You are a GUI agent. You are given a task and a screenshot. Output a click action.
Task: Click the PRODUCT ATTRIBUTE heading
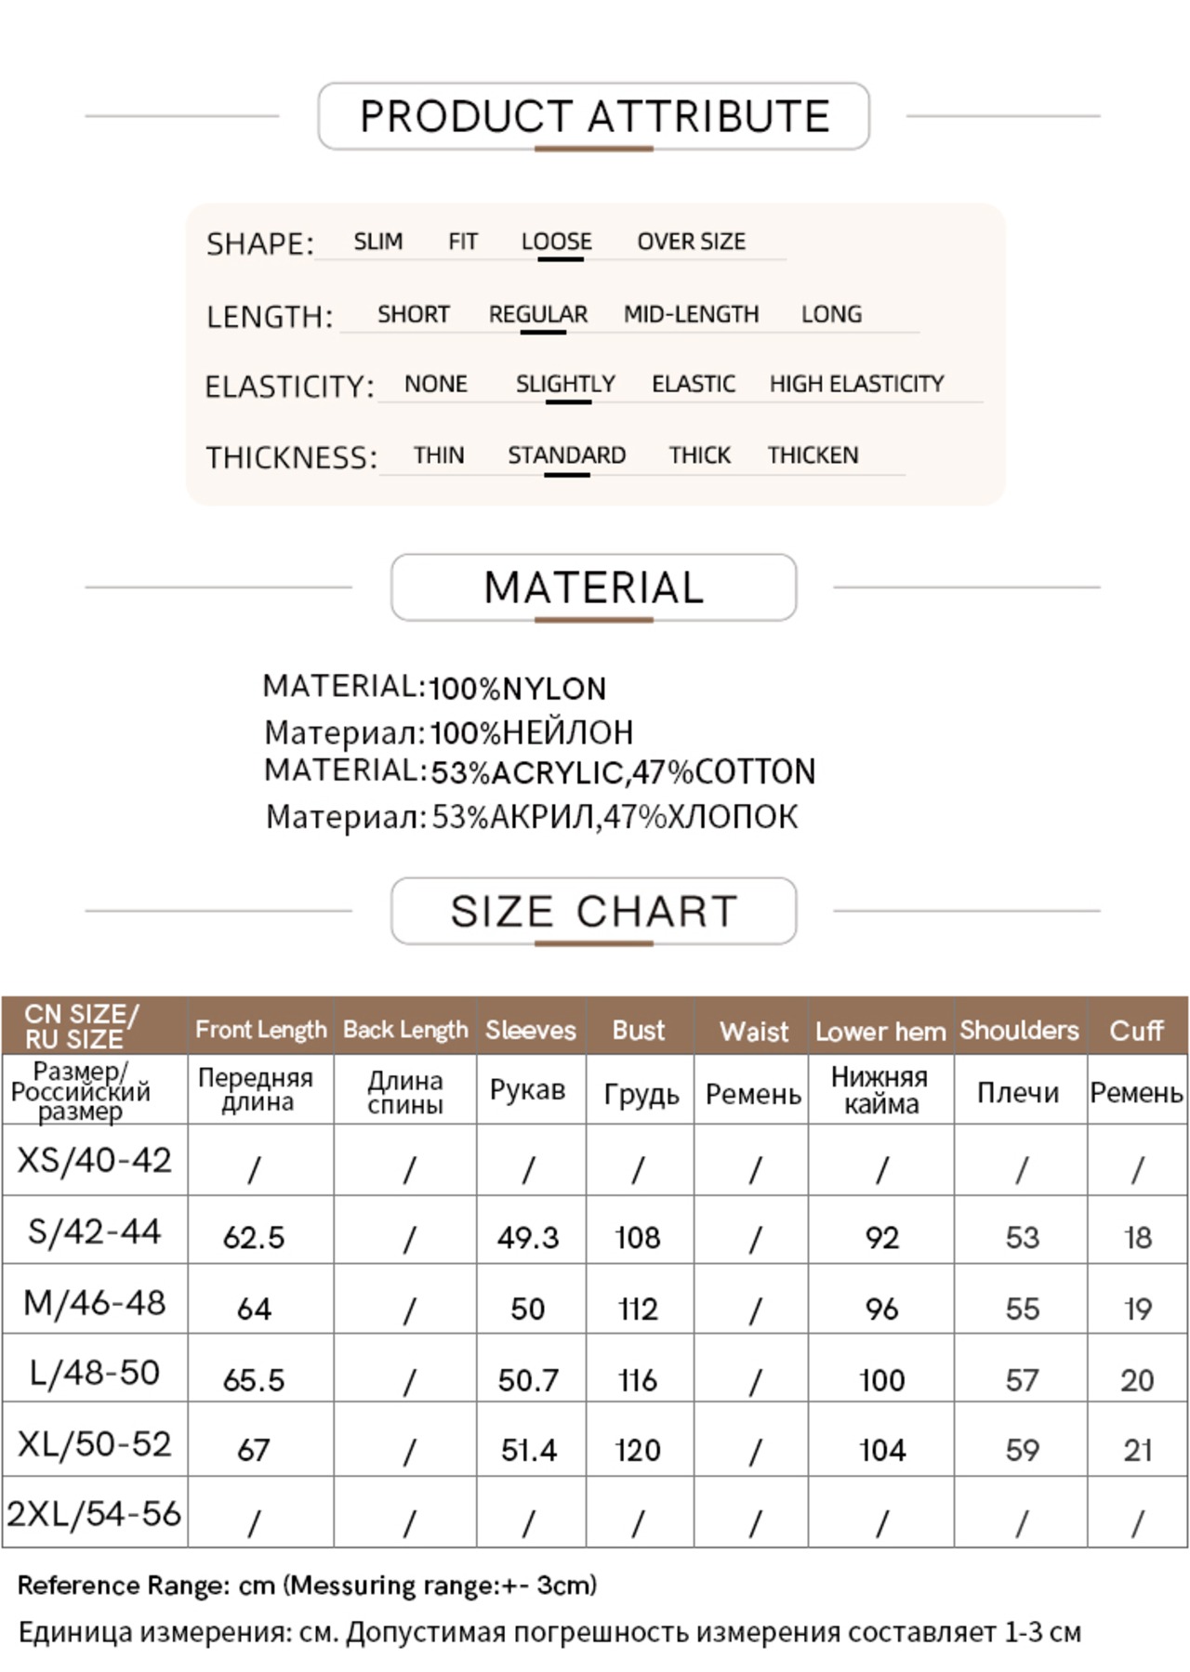tap(594, 116)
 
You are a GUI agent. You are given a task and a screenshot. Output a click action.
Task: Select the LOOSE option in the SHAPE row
tap(556, 242)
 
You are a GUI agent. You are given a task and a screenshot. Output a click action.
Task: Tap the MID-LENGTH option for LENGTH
tap(691, 314)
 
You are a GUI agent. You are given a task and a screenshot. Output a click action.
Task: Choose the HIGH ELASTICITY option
tap(856, 384)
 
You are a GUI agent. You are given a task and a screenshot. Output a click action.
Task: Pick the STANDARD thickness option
tap(566, 455)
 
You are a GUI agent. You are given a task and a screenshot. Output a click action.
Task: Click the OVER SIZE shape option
tap(691, 242)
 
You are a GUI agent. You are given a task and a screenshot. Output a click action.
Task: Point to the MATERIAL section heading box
tap(593, 587)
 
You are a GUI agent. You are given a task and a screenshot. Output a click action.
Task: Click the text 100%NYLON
tap(518, 689)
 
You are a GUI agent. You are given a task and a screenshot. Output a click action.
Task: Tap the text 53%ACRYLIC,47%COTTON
tap(623, 771)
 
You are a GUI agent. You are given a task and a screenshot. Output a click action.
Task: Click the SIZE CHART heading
tap(593, 911)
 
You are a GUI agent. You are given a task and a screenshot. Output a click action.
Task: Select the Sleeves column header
tap(530, 1030)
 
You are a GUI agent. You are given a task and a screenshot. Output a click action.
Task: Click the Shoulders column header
tap(1019, 1030)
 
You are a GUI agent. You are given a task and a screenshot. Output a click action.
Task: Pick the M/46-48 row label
tap(95, 1303)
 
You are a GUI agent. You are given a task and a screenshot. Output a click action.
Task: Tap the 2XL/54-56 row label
tap(94, 1514)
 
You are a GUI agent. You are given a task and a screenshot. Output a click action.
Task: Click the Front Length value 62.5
tap(254, 1238)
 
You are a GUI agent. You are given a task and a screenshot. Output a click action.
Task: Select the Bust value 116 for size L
tap(638, 1380)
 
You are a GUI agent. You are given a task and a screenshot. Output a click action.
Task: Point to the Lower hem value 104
tap(881, 1450)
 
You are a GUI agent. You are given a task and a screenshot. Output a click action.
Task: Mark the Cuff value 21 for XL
tap(1137, 1450)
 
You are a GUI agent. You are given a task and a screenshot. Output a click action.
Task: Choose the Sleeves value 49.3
tap(528, 1238)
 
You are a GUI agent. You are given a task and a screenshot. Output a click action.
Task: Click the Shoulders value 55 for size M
tap(1022, 1309)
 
